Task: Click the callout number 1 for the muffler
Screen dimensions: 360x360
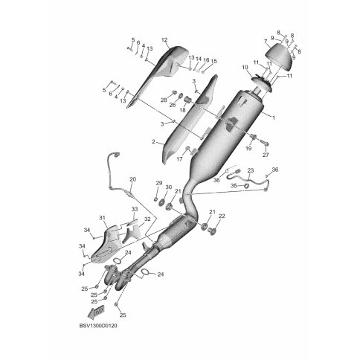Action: coord(274,118)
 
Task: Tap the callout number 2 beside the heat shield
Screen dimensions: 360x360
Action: coord(153,142)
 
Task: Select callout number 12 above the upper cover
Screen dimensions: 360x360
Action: coord(164,40)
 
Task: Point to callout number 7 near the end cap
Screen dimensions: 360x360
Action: coord(266,41)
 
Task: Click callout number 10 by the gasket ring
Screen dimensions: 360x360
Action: coord(245,68)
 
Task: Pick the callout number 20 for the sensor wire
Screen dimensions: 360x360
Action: coord(133,179)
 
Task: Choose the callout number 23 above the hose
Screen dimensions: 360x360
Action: coord(251,170)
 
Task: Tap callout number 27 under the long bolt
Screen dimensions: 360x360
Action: coord(266,155)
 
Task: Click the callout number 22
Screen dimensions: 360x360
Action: coord(222,216)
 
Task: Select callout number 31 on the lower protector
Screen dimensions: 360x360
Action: coord(102,218)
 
